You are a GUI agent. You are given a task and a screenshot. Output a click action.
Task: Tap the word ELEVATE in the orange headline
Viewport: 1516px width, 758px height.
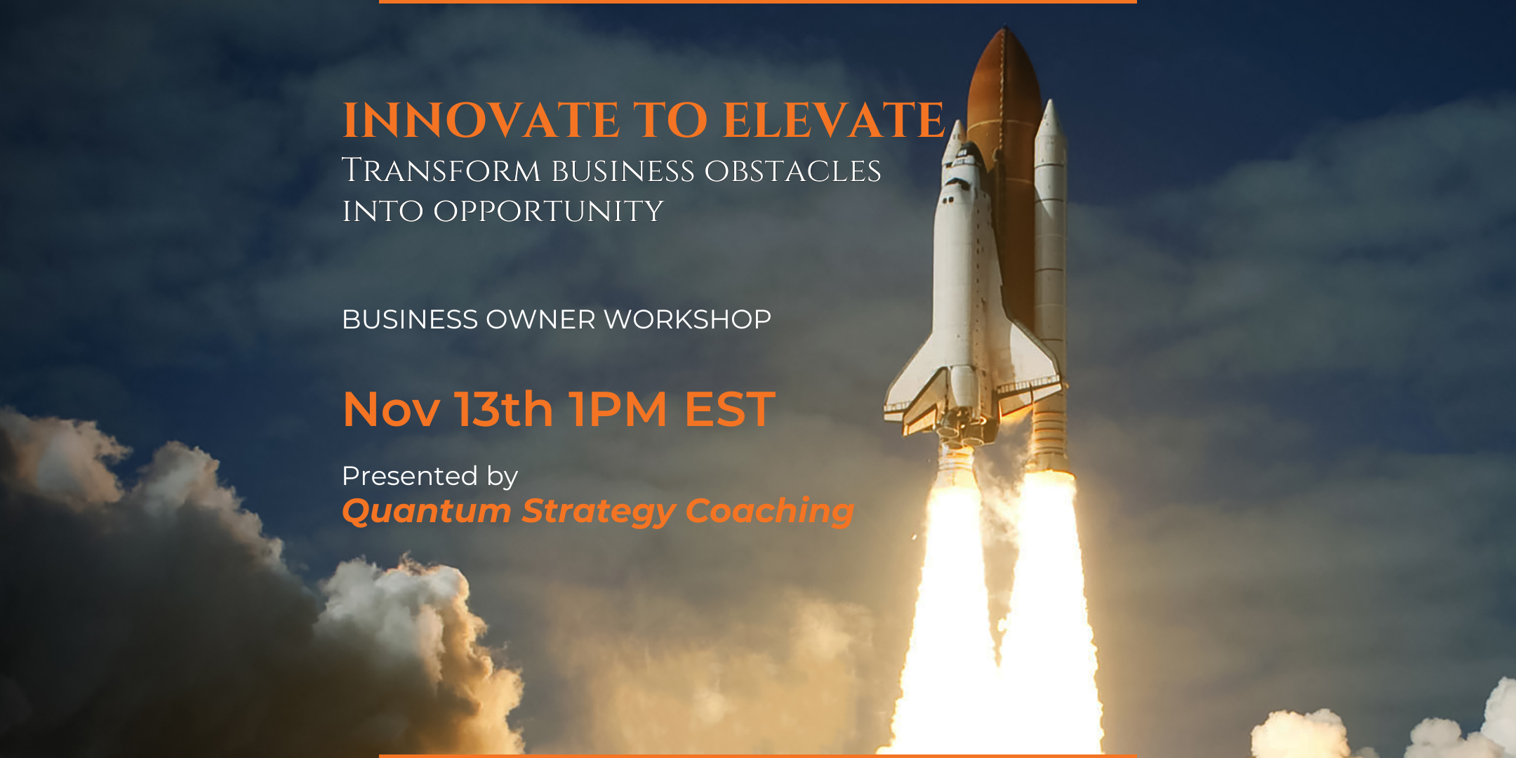coord(834,121)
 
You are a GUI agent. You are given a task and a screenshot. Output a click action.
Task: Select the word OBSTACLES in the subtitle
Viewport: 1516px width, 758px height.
coord(792,172)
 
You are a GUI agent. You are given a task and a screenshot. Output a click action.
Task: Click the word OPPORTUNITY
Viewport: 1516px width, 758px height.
coord(547,212)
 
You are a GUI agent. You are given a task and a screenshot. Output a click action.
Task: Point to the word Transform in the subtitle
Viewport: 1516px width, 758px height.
coord(441,172)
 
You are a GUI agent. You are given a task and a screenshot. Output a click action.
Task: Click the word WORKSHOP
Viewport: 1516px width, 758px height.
coord(687,320)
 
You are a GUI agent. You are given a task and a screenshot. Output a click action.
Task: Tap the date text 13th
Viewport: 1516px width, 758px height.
coord(504,410)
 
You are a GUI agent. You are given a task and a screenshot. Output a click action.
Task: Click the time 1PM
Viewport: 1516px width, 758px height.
coord(618,410)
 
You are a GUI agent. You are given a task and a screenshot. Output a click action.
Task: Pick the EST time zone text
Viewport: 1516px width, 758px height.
coord(730,410)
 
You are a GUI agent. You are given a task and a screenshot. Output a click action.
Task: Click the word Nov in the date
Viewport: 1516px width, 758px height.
coord(391,410)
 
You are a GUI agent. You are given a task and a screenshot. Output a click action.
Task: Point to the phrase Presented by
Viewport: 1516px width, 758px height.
coord(430,477)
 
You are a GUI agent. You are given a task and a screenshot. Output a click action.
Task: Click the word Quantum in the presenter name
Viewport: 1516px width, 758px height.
coord(426,512)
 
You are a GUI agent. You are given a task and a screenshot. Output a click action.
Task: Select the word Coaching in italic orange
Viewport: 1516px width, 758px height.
coord(769,512)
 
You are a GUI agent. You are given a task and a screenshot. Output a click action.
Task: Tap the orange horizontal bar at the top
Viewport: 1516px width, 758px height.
coord(758,2)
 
